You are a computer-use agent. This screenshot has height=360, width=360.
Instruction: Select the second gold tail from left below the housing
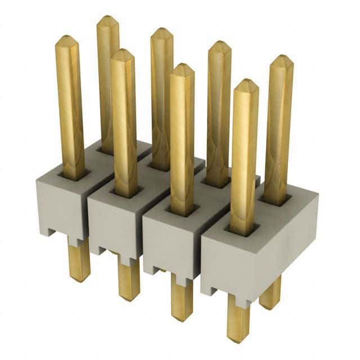129,278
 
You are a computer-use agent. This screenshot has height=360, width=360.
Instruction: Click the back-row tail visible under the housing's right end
271,292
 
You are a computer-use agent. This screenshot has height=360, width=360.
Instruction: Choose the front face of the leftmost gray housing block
58,205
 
